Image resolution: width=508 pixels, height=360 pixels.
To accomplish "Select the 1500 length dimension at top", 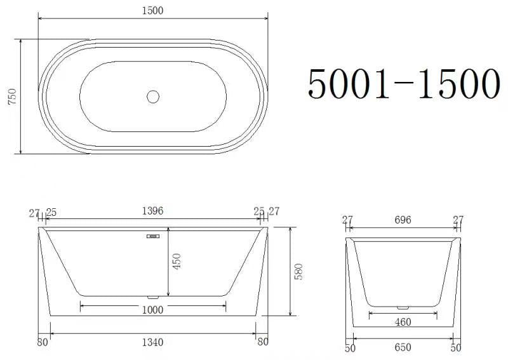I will click(x=153, y=10).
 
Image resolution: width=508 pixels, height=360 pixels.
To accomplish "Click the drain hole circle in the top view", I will click(x=153, y=97).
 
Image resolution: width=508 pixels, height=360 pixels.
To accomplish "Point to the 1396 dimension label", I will click(x=152, y=211).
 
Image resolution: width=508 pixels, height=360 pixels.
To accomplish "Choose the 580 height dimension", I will click(x=300, y=271).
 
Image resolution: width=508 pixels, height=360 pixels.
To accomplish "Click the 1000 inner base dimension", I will click(x=153, y=310).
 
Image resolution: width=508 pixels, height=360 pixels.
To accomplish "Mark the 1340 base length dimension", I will click(x=152, y=342).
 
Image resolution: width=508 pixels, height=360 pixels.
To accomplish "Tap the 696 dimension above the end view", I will click(x=403, y=220).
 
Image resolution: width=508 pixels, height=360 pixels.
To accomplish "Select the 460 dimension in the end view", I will click(x=403, y=322).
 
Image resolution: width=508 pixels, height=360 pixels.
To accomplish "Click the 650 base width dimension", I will click(x=403, y=347).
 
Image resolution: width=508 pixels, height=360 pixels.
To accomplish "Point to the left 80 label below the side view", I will click(x=43, y=342).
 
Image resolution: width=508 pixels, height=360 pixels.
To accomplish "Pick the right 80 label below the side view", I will click(x=262, y=342).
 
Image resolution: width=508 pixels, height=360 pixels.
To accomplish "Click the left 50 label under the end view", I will click(x=350, y=348).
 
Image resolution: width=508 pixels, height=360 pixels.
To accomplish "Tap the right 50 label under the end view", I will click(x=456, y=348).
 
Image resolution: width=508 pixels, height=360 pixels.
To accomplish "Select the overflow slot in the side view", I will click(x=153, y=237).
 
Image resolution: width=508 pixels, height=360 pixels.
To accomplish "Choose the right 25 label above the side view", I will click(x=258, y=211).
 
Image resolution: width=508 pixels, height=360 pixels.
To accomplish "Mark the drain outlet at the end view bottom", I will click(x=403, y=307).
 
